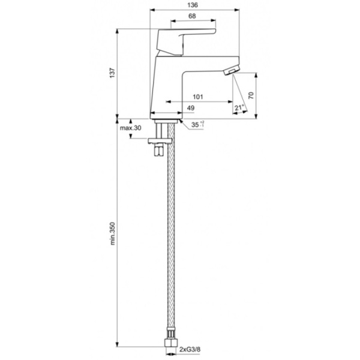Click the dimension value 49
190,107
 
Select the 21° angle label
238,107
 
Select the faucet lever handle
184,38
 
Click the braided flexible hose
169,240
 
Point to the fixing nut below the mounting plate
158,151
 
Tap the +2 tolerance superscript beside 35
202,122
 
